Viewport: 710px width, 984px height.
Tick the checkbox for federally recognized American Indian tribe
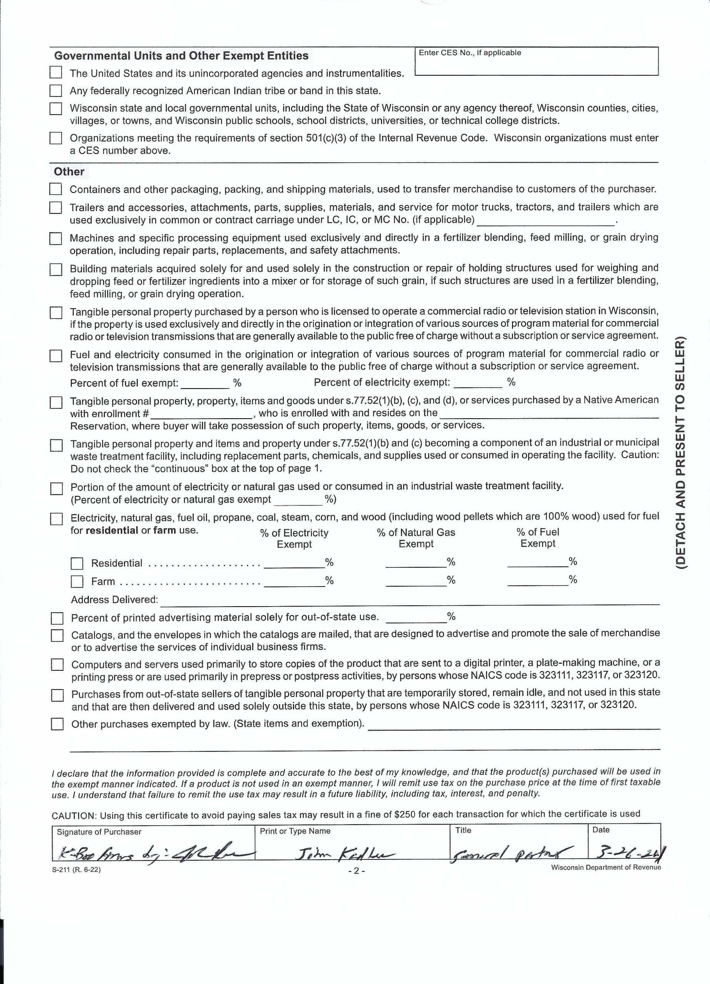click(x=56, y=91)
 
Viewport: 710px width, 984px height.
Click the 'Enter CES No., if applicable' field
click(x=536, y=64)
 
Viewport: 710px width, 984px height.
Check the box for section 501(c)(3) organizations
click(x=56, y=138)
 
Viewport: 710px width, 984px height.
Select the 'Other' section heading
click(x=69, y=171)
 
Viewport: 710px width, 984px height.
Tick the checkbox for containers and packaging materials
click(x=56, y=189)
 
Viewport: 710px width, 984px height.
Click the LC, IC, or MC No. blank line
click(x=545, y=220)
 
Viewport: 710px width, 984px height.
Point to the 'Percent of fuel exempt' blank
click(x=205, y=383)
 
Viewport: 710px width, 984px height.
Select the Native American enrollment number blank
click(x=201, y=414)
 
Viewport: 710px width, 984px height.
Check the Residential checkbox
click(x=77, y=563)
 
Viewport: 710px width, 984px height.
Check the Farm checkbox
click(x=77, y=582)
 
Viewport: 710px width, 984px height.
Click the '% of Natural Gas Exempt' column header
click(x=416, y=538)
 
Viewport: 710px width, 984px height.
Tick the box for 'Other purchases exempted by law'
click(x=57, y=724)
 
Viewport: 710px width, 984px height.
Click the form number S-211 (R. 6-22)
click(x=76, y=869)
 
